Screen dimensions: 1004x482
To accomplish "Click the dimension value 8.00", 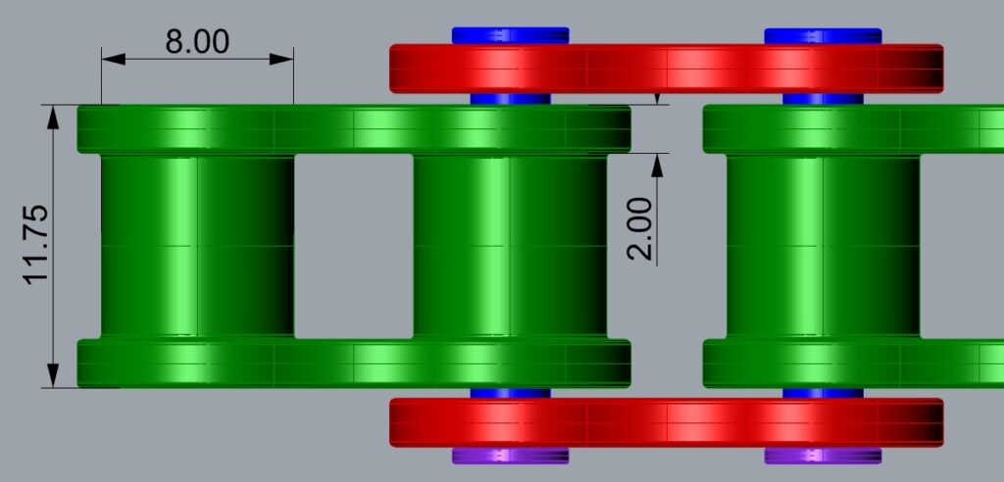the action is pyautogui.click(x=197, y=41).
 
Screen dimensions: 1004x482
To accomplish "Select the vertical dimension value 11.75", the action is pyautogui.click(x=36, y=245).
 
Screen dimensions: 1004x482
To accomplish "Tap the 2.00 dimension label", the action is pyautogui.click(x=640, y=228).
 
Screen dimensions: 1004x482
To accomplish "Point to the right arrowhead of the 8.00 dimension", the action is pyautogui.click(x=281, y=59).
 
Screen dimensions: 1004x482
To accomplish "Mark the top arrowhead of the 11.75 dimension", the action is pyautogui.click(x=53, y=117).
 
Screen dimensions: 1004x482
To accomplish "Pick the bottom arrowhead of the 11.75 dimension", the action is pyautogui.click(x=53, y=375).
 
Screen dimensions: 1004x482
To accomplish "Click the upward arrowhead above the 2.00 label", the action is pyautogui.click(x=657, y=166).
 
